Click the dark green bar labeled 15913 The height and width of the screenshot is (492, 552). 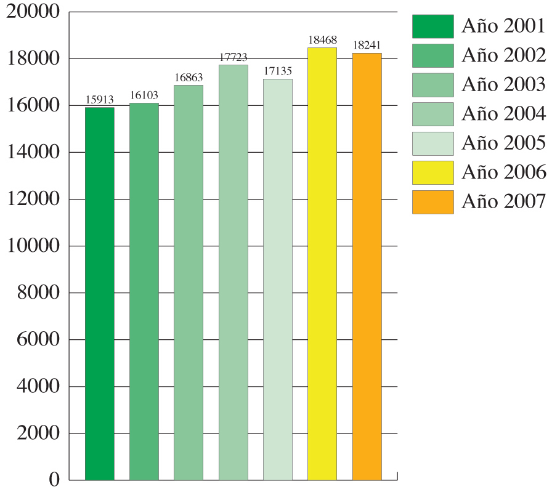[100, 294]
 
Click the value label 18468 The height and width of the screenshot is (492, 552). [322, 40]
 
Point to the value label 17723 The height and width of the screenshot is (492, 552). [233, 57]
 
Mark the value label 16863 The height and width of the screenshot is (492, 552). [189, 78]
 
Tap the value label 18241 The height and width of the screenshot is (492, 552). [367, 46]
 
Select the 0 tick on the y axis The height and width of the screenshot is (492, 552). [54, 480]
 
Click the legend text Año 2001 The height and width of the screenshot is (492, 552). [503, 26]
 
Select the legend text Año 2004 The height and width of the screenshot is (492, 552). [503, 114]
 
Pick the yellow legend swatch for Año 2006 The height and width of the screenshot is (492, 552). [432, 173]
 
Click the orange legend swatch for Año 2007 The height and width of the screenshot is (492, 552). [432, 202]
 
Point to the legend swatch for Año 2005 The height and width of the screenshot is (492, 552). [432, 143]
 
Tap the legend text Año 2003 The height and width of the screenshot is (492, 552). [503, 85]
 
